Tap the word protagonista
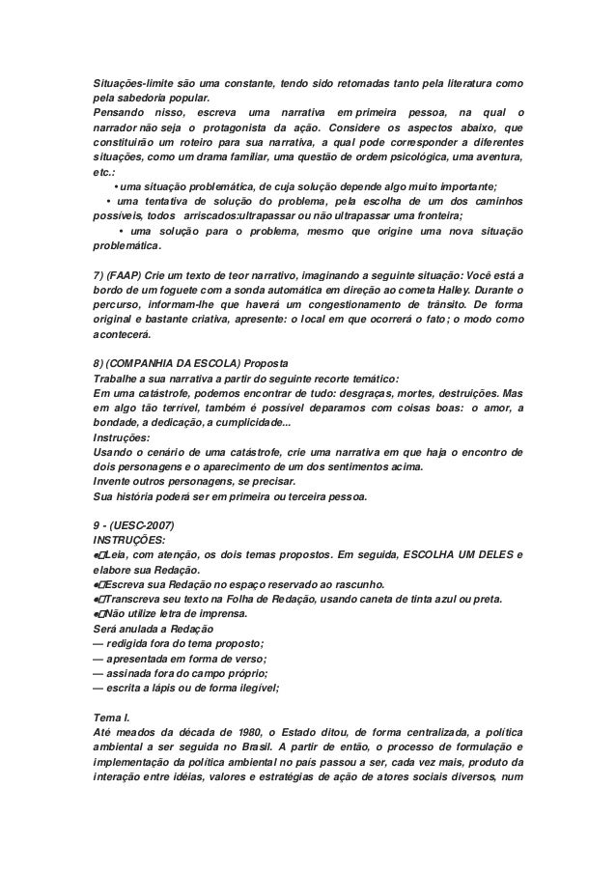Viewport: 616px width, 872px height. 241,129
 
